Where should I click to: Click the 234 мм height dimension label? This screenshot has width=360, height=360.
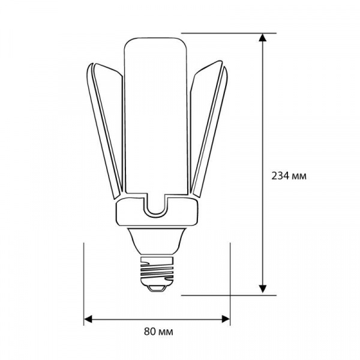point(289,176)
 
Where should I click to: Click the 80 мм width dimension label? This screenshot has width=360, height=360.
point(158,332)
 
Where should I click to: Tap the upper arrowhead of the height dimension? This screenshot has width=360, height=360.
point(262,38)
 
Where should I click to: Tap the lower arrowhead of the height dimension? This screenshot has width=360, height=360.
point(262,289)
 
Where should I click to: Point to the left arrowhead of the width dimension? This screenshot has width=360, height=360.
point(88,319)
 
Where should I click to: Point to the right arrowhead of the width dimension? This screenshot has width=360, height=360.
point(226,319)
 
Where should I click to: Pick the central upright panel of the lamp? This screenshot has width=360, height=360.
point(155,115)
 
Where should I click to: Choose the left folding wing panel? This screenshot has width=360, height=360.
point(105,128)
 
